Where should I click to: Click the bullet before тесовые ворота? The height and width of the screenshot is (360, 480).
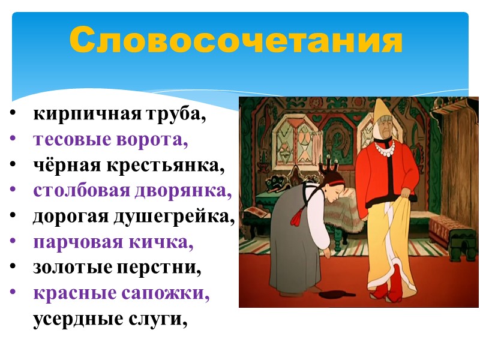(13, 140)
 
